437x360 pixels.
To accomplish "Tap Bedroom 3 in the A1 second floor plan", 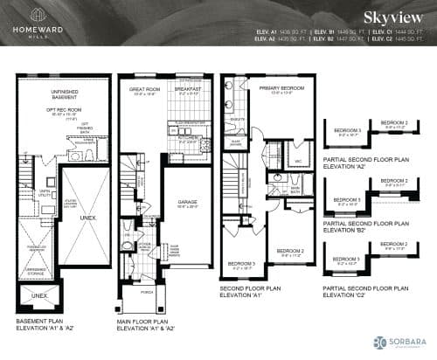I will point(241,264).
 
